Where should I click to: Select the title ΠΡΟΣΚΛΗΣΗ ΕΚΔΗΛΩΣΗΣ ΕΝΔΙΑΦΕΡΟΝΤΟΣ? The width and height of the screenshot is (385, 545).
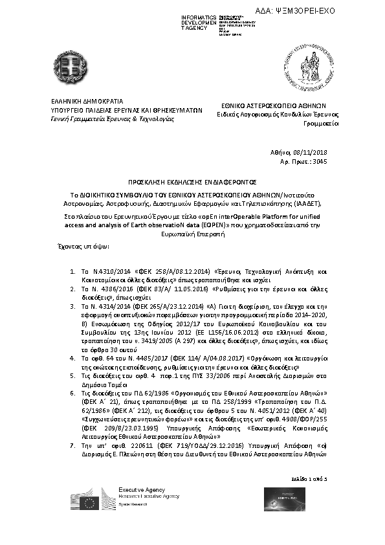(192, 183)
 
